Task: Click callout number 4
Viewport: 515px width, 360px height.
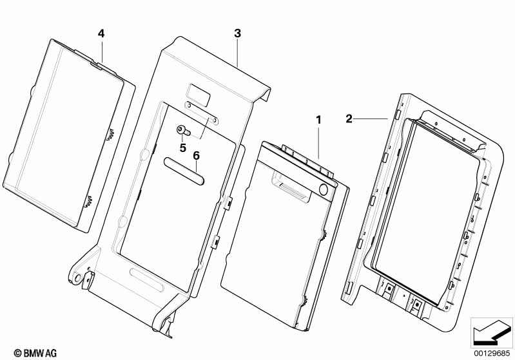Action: coord(101,33)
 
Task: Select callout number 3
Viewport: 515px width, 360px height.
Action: coord(237,33)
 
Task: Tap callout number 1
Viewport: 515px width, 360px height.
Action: coord(318,120)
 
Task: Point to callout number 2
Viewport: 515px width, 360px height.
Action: coord(349,118)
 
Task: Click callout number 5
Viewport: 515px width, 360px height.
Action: coord(183,148)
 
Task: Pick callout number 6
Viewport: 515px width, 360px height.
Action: coord(196,156)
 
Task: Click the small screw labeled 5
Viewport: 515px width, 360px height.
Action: coord(183,131)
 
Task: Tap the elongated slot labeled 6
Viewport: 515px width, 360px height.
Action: coord(184,171)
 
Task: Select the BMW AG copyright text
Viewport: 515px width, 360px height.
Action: coord(35,353)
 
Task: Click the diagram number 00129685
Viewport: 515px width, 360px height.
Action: coord(492,353)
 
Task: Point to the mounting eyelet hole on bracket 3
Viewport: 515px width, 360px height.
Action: coord(77,278)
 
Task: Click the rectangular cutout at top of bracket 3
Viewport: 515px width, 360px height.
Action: coord(198,95)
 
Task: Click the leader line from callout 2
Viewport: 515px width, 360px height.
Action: coord(371,118)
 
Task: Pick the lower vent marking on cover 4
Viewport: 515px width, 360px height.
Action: coord(88,202)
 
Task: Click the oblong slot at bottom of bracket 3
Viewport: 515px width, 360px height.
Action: coord(146,280)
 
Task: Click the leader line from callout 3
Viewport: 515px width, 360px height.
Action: coord(237,53)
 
